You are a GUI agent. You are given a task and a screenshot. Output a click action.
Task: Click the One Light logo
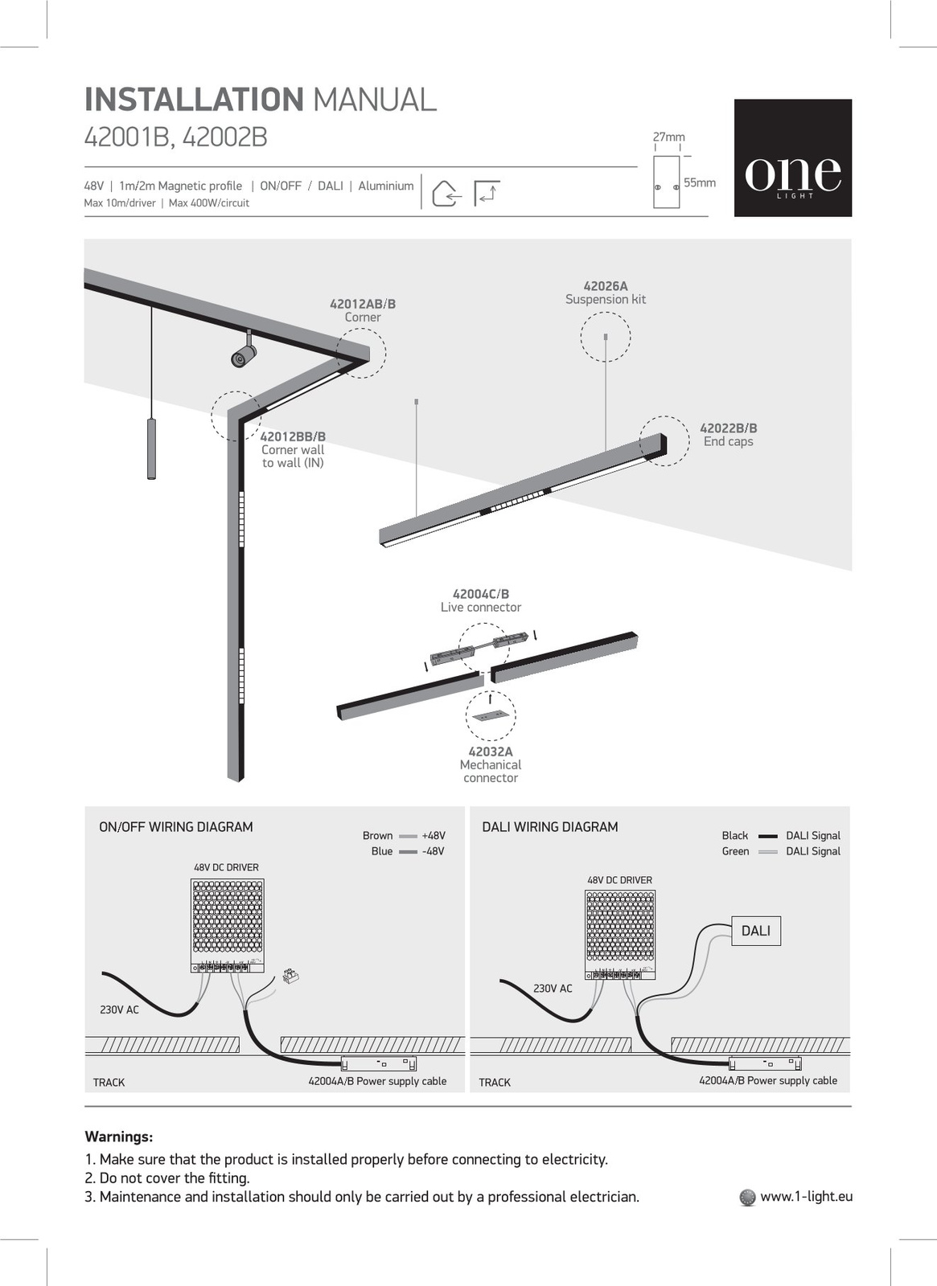[792, 158]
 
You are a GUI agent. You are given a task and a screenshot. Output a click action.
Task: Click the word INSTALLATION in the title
[194, 100]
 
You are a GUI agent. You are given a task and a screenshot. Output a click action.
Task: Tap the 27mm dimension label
[668, 137]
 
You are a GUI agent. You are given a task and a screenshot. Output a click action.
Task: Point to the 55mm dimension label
[699, 182]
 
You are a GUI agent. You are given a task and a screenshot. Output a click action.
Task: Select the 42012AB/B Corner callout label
[363, 310]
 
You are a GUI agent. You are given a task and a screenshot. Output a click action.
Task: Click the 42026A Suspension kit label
[606, 293]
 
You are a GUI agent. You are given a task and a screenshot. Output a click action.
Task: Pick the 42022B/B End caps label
[729, 435]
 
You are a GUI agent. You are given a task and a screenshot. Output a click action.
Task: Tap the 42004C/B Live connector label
[481, 600]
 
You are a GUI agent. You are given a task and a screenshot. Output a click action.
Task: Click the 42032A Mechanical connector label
[491, 764]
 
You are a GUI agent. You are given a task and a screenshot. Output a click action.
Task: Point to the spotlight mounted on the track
[243, 354]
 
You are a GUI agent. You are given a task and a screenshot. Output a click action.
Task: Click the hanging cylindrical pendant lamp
[151, 448]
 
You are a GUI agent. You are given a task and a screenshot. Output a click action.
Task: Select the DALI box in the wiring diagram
[755, 931]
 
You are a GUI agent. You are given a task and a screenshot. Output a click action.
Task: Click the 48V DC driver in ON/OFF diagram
[227, 924]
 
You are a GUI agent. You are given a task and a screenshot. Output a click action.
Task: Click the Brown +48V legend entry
[404, 836]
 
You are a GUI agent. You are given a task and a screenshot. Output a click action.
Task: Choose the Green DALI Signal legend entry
[780, 851]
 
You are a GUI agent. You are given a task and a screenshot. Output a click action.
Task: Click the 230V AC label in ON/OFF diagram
[119, 1010]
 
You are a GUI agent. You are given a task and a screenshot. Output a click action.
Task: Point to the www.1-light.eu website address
[806, 1196]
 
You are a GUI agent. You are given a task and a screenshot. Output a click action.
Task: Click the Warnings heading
[119, 1137]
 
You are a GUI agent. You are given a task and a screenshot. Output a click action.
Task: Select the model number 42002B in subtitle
[224, 138]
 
